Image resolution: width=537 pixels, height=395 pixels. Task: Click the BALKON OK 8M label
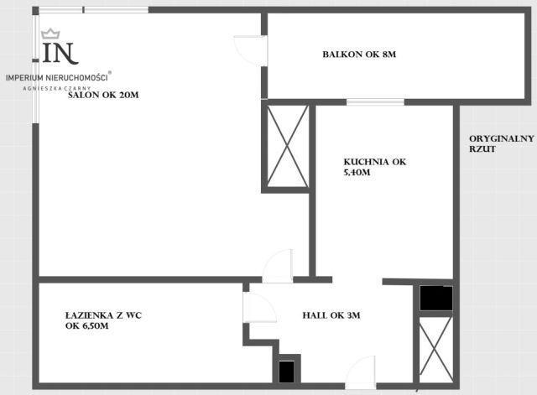[x=359, y=54]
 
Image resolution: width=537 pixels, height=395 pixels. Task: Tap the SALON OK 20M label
[x=103, y=95]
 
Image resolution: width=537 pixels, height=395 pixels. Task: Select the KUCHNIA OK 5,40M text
[x=375, y=167]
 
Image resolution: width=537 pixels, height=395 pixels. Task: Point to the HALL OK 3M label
[x=331, y=315]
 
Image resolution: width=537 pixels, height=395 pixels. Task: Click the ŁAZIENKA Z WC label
[x=103, y=315]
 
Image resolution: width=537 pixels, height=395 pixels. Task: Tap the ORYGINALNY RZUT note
[x=502, y=143]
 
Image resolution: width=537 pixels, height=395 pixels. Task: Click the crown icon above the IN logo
[x=50, y=34]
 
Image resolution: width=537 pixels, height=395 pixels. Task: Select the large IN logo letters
[x=60, y=54]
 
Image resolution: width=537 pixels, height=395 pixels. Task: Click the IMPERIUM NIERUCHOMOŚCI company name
[x=57, y=78]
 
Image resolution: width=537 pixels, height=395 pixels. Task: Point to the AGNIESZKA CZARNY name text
[x=57, y=88]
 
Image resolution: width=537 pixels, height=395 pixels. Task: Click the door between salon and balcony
[x=250, y=50]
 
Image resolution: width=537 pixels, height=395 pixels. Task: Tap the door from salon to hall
[x=278, y=266]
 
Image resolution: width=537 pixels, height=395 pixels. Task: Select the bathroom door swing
[x=259, y=308]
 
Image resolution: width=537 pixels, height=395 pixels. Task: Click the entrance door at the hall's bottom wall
[x=360, y=372]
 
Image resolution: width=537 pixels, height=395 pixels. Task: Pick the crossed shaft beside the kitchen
[x=287, y=146]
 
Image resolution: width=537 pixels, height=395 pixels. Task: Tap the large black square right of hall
[x=436, y=298]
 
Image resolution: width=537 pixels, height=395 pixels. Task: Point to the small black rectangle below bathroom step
[x=286, y=372]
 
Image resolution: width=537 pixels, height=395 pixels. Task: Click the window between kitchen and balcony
[x=375, y=102]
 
